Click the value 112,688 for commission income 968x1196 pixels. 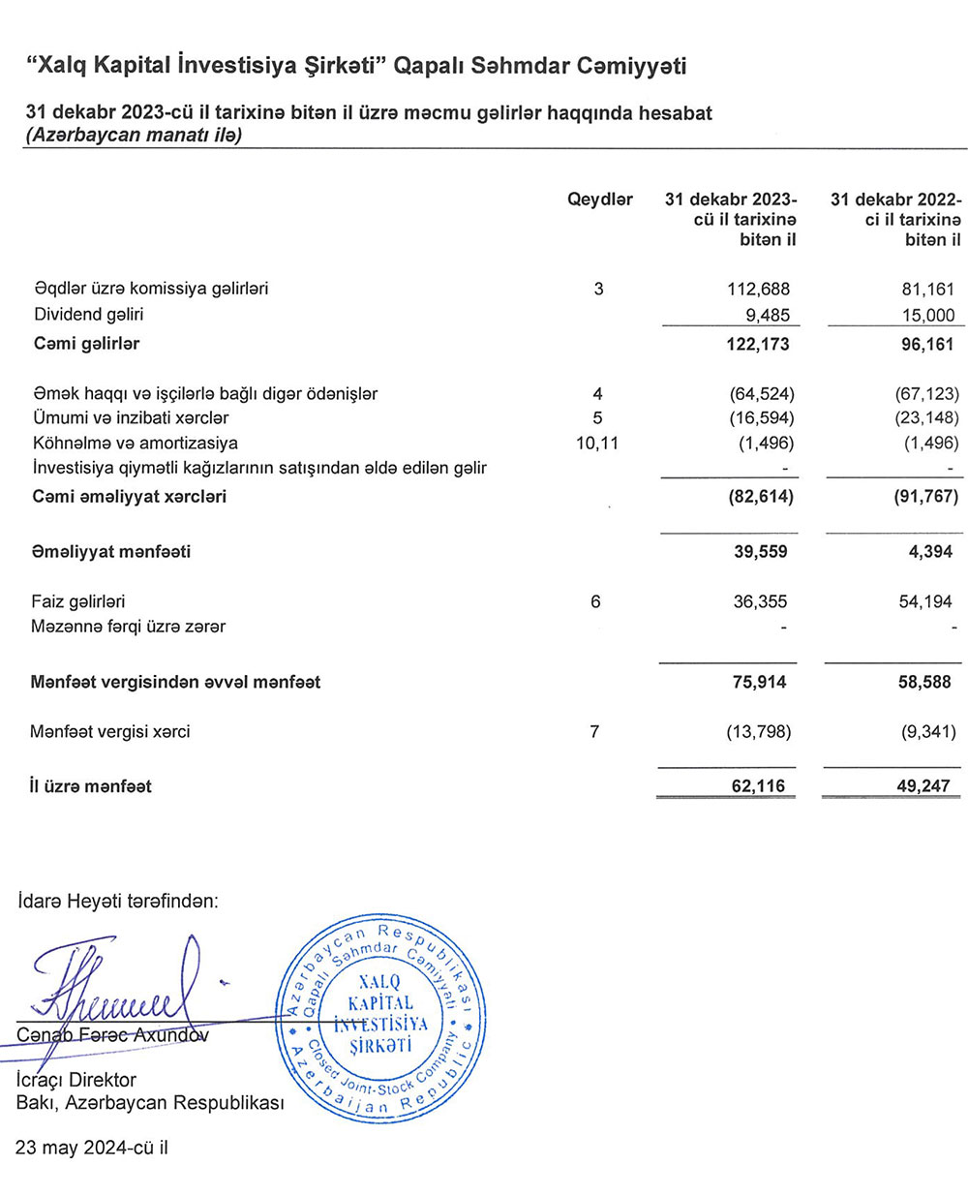758,289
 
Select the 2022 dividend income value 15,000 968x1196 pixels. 926,315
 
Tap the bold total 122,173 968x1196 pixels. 757,344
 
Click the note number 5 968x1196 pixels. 597,418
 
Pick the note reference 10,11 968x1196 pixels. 596,444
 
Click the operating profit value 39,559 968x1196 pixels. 760,552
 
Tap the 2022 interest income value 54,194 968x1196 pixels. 925,601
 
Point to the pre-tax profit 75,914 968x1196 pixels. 760,682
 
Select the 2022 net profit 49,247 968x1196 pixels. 923,786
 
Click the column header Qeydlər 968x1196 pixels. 600,199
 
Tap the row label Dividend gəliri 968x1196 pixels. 89,315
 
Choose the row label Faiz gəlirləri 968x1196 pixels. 78,601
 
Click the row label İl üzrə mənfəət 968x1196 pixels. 91,786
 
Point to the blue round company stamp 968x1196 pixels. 378,1018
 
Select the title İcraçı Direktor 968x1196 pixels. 76,1080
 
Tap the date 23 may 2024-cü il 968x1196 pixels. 92,1149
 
